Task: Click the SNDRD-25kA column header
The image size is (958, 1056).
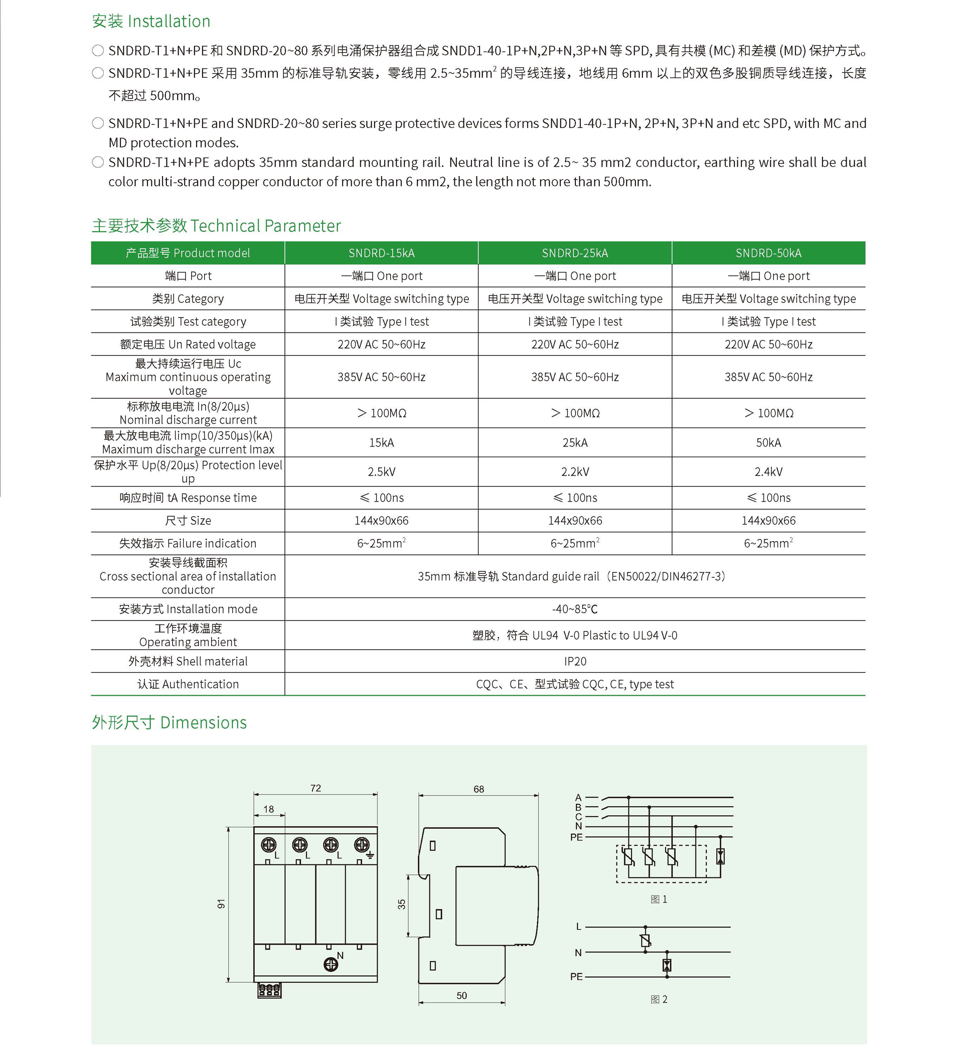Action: (575, 253)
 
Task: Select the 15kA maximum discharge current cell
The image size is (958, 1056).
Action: (381, 442)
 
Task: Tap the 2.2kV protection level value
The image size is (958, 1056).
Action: (575, 472)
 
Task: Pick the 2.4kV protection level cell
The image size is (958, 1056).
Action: (768, 472)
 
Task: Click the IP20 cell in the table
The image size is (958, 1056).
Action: (575, 662)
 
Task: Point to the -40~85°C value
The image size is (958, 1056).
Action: (575, 609)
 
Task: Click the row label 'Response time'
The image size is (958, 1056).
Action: (188, 498)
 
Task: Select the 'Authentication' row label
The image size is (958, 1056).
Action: (188, 684)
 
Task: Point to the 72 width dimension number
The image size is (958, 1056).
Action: (315, 788)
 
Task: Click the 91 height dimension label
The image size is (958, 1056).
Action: (221, 903)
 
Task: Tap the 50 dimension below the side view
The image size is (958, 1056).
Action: (461, 996)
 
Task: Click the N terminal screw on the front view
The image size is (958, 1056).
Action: (331, 964)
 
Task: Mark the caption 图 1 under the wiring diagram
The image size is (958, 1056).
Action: (659, 899)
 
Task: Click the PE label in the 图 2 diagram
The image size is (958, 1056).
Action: (576, 977)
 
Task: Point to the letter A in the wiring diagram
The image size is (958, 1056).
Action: (578, 798)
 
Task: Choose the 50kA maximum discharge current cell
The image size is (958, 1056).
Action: (768, 442)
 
